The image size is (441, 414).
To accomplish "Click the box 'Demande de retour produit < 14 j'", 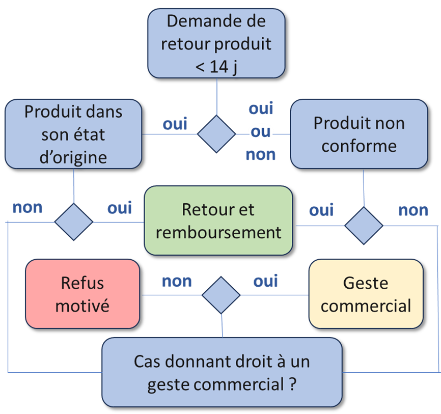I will click(x=216, y=43).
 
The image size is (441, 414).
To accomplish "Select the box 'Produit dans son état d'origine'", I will click(x=73, y=134).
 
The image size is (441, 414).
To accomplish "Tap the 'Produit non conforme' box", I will click(x=359, y=134).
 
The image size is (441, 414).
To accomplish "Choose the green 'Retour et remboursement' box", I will click(x=218, y=220).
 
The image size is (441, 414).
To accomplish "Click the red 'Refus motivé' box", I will click(x=82, y=294).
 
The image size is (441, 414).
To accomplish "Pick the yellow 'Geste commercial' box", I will click(x=366, y=294).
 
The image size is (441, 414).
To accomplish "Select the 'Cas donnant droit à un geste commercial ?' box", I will click(x=222, y=372).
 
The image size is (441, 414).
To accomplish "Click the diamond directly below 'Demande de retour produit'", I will click(x=216, y=134).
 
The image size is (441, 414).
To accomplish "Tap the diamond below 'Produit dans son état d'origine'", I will click(x=74, y=222).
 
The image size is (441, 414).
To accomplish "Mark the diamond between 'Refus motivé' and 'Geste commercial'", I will click(x=221, y=295).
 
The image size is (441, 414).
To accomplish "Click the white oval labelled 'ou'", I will click(x=261, y=132).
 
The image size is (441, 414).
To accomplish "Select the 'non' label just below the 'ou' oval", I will click(x=261, y=154).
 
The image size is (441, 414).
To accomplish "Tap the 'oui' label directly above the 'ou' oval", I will click(x=261, y=108).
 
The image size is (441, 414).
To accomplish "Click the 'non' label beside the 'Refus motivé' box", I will click(x=177, y=281).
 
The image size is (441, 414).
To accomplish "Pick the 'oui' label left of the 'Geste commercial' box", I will click(x=266, y=281).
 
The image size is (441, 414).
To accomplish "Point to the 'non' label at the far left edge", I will click(x=27, y=208).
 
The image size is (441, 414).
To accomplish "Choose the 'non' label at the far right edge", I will click(x=413, y=210).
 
